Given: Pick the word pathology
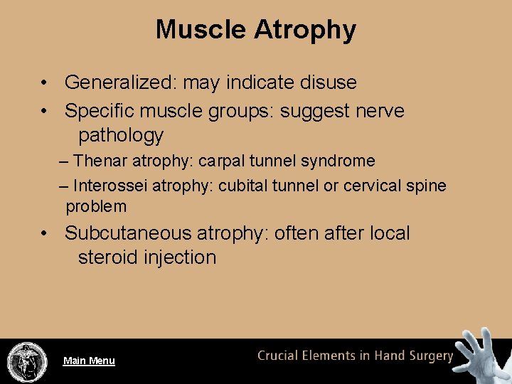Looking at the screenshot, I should (121, 135).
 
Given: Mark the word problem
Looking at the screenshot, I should (96, 207).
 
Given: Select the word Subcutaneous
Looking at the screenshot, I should (128, 233).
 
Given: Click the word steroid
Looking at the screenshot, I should (108, 257).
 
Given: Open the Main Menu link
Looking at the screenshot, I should (89, 361).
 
